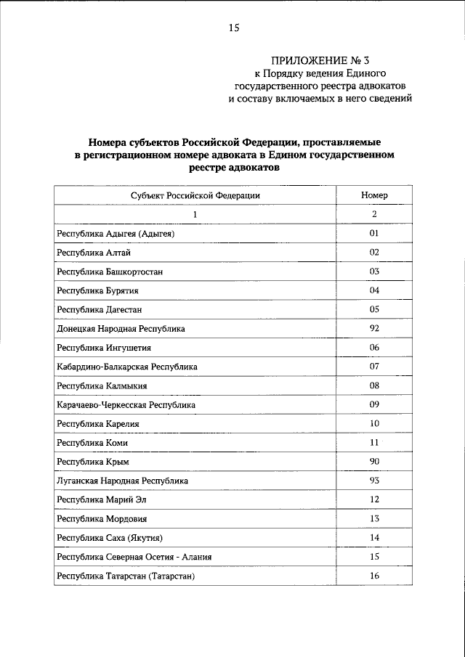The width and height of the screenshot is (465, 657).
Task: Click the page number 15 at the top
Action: (233, 28)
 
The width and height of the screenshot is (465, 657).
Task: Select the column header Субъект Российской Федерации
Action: (195, 195)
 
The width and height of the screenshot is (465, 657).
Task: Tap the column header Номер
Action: (374, 195)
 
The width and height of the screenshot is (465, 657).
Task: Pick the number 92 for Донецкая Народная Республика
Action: (374, 329)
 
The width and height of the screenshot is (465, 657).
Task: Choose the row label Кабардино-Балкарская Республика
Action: (126, 367)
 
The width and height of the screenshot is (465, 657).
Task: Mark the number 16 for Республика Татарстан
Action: (374, 576)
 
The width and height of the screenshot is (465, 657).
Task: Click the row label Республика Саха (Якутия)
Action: (108, 538)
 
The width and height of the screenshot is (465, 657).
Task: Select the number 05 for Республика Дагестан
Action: (374, 309)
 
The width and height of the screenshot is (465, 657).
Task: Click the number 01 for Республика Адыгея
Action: (374, 234)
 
